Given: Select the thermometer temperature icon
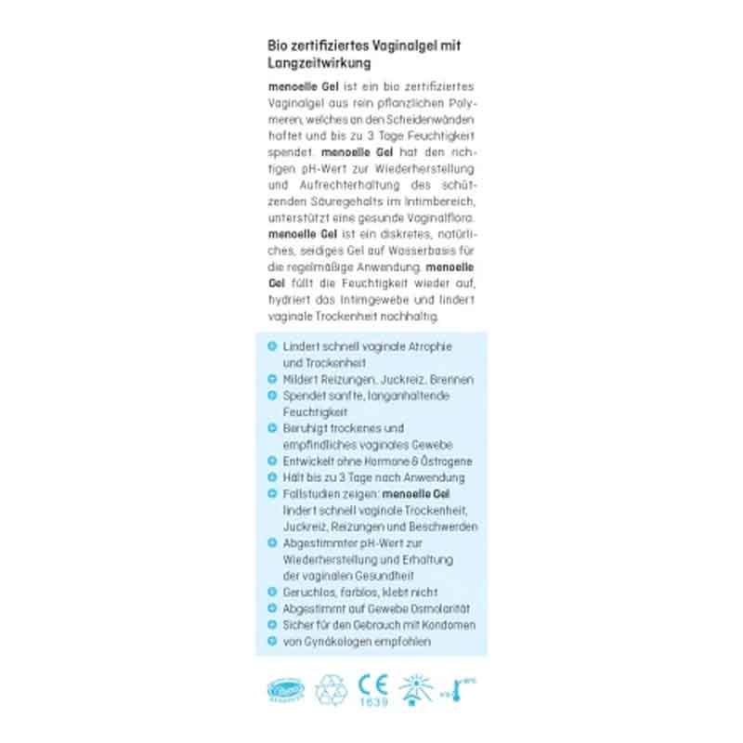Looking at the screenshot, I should click(459, 688).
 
